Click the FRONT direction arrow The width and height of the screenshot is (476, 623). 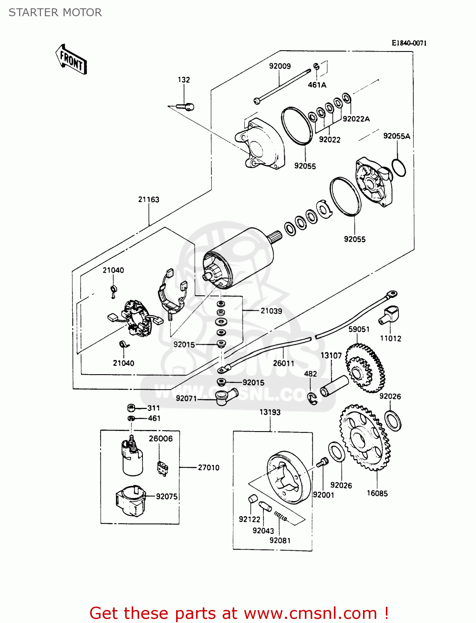point(71,60)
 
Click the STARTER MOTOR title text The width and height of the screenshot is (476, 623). point(55,12)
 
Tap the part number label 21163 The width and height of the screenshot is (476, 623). point(149,199)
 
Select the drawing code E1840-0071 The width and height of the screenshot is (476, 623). point(409,43)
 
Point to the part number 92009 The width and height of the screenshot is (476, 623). point(280,66)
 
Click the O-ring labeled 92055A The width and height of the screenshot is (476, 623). point(398,168)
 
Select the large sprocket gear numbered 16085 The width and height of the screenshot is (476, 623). point(365,438)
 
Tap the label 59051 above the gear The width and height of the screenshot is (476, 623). point(359,329)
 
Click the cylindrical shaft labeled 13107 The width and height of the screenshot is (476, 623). point(334,386)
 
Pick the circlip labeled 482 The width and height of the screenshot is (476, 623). point(312,398)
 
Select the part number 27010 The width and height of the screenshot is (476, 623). point(209,467)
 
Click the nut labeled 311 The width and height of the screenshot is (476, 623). point(130,408)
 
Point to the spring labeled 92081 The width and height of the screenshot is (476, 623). point(281,516)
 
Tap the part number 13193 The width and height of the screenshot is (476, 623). point(270,412)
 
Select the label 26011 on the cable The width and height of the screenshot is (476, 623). point(284,363)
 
